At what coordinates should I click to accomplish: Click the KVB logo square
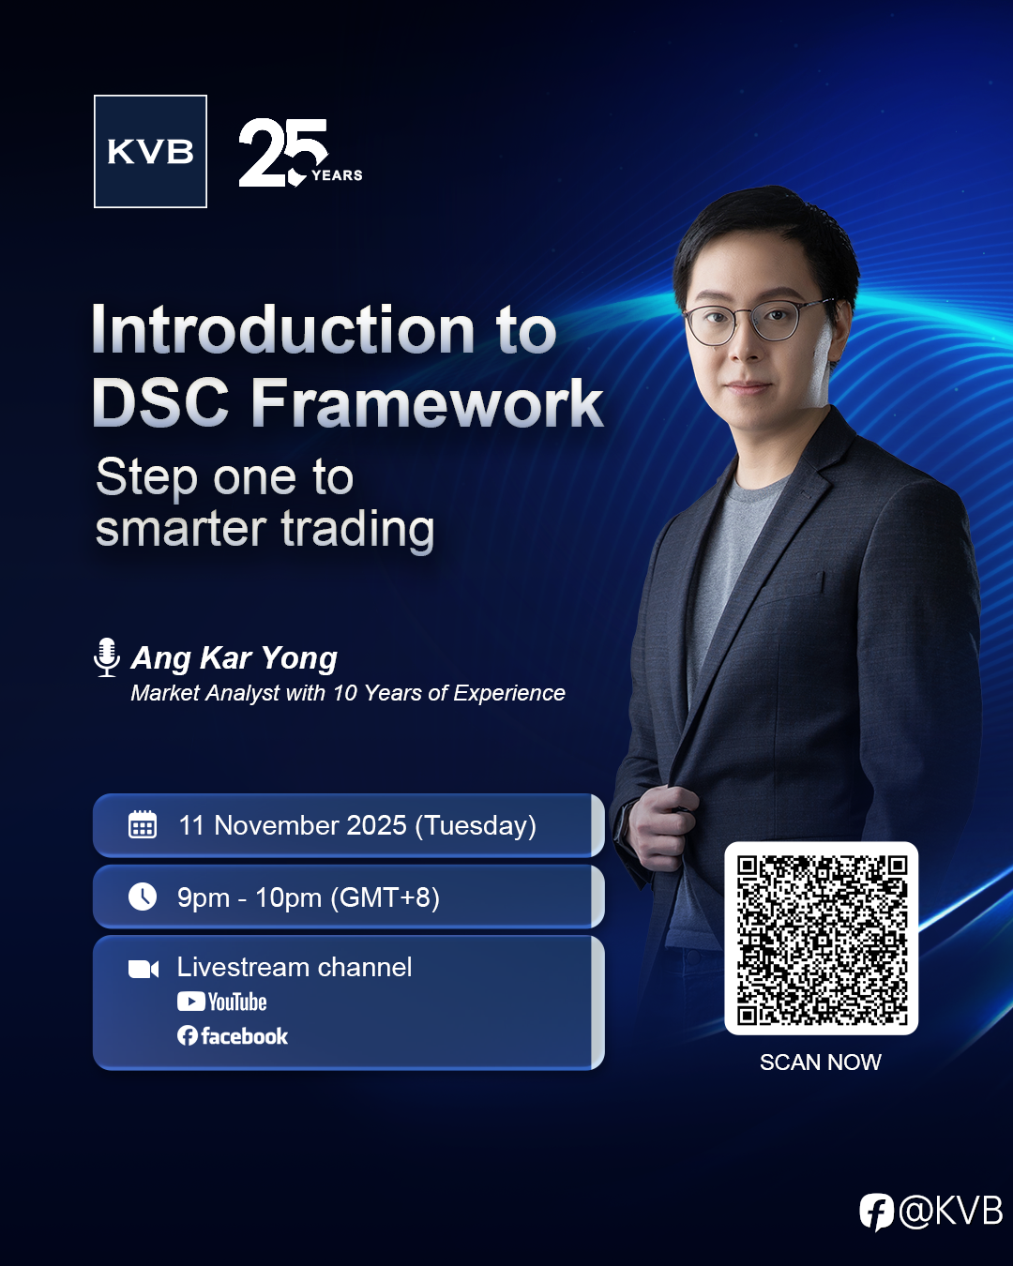coord(150,151)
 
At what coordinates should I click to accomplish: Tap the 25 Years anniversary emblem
coord(300,152)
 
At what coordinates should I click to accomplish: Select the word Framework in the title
coord(428,403)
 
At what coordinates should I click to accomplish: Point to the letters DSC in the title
coord(159,403)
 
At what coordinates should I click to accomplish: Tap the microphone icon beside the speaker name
coord(107,657)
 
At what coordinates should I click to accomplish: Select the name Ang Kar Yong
coord(234,657)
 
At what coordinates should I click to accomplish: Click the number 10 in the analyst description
coord(345,693)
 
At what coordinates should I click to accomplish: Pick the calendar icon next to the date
coord(143,824)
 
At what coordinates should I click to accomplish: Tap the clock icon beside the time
coord(143,897)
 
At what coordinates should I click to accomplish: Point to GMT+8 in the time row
coord(385,897)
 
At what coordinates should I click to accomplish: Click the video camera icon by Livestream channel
coord(144,969)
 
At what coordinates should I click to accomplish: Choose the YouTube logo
coord(222,1002)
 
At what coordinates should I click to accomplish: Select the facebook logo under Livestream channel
coord(233,1035)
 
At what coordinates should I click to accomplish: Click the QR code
coord(821,939)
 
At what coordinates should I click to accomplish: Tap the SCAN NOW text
coord(821,1063)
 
